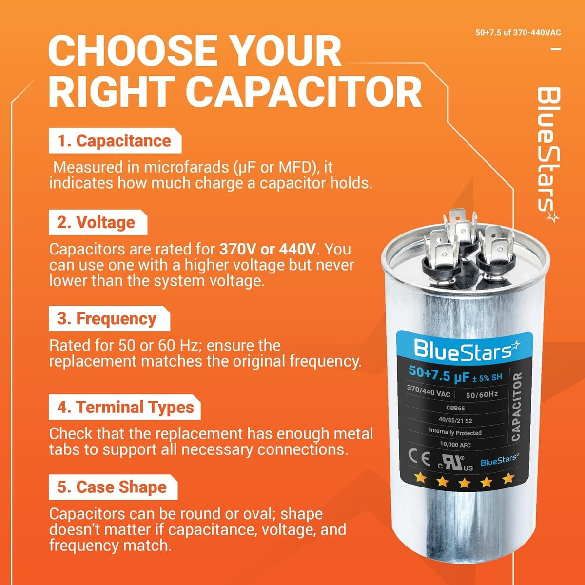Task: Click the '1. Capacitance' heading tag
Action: [115, 140]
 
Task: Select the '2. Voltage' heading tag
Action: [98, 222]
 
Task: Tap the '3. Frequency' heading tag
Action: [109, 319]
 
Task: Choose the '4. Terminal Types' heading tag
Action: [125, 407]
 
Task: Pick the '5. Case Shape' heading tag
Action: [113, 487]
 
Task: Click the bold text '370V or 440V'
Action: [268, 249]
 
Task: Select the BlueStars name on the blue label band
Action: [467, 350]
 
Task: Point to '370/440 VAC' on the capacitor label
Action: [429, 391]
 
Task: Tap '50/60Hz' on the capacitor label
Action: [482, 394]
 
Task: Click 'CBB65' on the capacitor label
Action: [455, 408]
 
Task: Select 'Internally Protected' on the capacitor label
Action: [455, 432]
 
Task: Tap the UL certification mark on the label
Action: [455, 463]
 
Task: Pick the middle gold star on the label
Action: [464, 482]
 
